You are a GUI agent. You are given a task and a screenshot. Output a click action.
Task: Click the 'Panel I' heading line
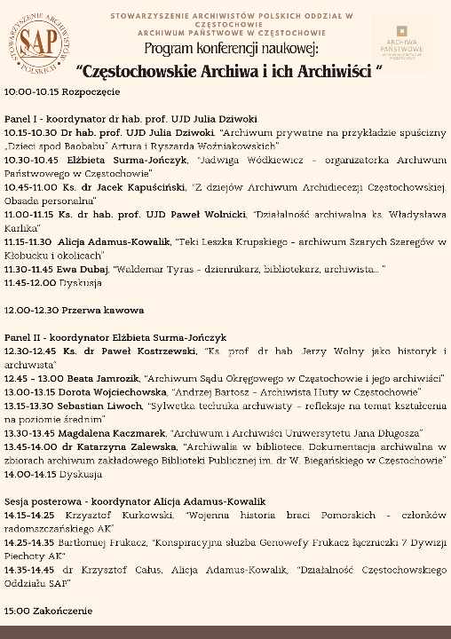pos(131,117)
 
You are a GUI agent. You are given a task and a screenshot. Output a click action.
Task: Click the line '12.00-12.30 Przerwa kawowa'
pos(74,311)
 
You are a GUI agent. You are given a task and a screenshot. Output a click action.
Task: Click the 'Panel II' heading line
pos(115,337)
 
